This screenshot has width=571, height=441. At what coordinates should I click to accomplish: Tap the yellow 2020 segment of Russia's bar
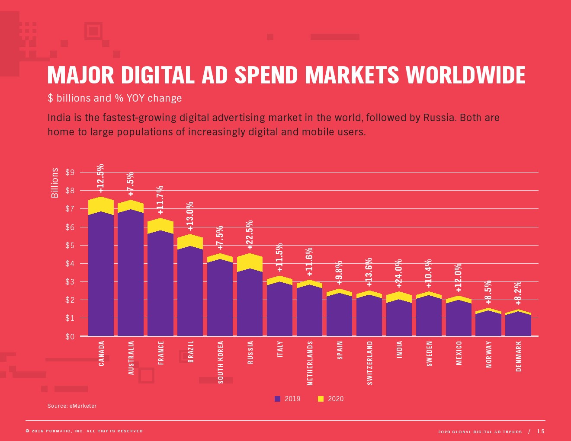coord(250,262)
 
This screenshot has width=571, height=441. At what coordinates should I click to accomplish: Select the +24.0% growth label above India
coord(399,273)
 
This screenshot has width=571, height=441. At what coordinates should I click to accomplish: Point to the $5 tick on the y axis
coord(70,246)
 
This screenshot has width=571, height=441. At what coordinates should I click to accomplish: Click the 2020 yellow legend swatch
coord(321,399)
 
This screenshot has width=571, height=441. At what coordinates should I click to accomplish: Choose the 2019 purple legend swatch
coord(277,399)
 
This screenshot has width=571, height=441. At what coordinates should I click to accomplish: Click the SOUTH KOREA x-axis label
coord(221,362)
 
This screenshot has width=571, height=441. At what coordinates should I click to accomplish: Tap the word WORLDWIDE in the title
coord(465,75)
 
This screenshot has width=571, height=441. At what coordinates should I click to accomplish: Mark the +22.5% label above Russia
coord(250,235)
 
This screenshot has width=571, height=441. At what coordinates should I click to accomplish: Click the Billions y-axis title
coord(55,183)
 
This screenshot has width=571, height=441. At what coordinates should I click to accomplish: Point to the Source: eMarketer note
coord(72,406)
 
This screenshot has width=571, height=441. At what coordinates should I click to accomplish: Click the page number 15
coord(541,431)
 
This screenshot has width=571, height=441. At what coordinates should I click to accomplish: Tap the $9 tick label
coord(70,173)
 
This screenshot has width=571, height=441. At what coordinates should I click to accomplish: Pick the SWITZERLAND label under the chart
coord(369,363)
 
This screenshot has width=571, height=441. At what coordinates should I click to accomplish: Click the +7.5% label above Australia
coord(131,184)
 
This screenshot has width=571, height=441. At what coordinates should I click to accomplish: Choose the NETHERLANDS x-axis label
coord(310,363)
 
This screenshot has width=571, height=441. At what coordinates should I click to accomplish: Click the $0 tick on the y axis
coord(70,337)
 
